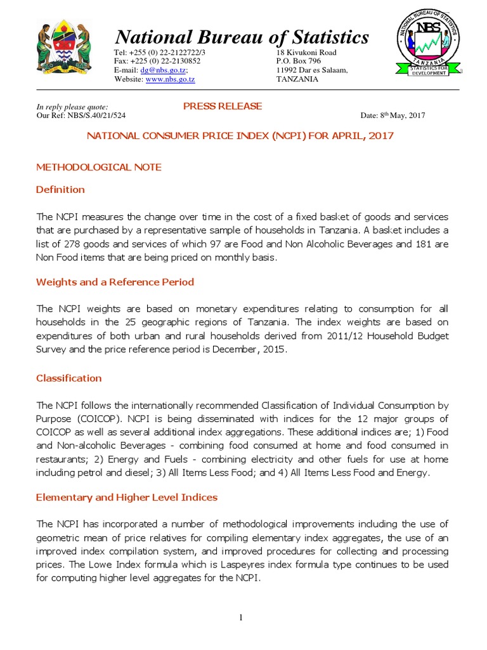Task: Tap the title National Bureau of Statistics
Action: (241, 37)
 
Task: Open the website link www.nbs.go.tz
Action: (170, 79)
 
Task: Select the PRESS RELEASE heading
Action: (222, 106)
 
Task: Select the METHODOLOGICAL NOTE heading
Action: (98, 167)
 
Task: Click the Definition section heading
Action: (60, 189)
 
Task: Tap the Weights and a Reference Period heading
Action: (115, 282)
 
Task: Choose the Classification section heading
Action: (68, 378)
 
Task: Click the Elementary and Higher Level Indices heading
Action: (127, 498)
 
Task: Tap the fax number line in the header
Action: (157, 62)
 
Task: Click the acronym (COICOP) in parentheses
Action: (100, 418)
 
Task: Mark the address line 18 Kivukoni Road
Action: (306, 53)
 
